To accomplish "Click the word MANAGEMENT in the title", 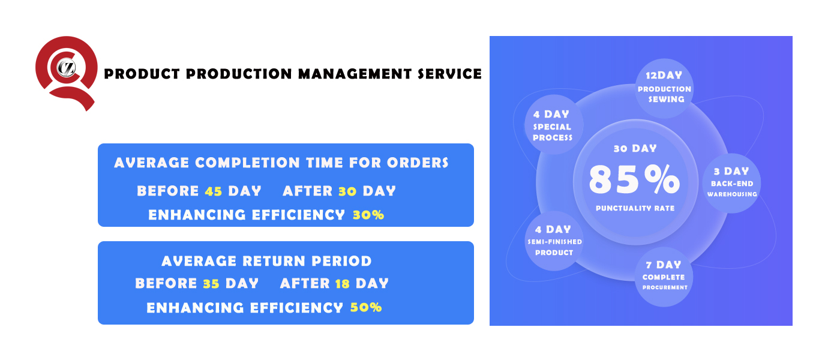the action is click(355, 74).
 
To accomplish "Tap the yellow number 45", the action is click(214, 191).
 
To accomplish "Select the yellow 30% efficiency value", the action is click(368, 215).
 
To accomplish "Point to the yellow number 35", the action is click(211, 283).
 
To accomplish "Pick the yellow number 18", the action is click(343, 283).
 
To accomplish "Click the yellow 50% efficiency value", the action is click(366, 307).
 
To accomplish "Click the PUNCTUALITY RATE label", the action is click(635, 208).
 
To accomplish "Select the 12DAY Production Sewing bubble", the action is click(664, 88).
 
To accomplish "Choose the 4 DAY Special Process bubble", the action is click(553, 125).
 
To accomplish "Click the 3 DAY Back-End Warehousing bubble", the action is click(731, 183).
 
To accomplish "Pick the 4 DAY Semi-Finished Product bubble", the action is click(554, 241).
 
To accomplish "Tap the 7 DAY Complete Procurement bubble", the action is click(664, 277).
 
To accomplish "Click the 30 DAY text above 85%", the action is click(635, 149).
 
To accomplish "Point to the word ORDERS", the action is click(418, 163).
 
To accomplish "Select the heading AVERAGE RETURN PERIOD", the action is click(266, 261).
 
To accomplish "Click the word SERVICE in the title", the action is click(449, 74).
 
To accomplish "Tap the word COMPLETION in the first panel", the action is click(247, 163).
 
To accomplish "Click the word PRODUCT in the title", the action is click(142, 74).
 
